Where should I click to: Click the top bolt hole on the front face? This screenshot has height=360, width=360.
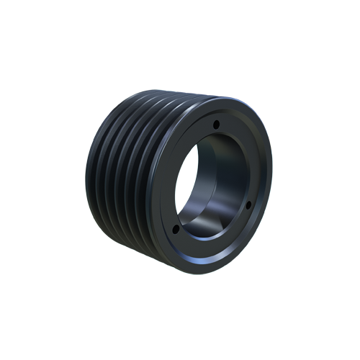[x=215, y=125]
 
